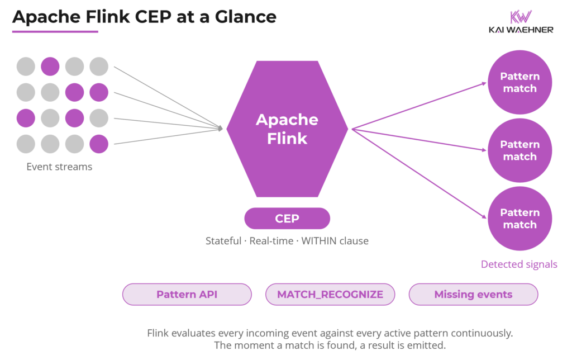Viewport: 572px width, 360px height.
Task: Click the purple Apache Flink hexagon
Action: click(x=287, y=129)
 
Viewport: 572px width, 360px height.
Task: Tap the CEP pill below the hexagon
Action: click(x=287, y=219)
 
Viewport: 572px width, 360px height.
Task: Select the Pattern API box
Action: click(x=187, y=295)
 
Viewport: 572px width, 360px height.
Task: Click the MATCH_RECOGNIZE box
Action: click(x=330, y=295)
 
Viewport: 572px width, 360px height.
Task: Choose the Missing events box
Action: click(x=473, y=295)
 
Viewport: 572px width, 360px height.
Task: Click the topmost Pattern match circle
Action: click(x=519, y=83)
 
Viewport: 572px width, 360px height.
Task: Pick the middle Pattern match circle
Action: click(x=519, y=151)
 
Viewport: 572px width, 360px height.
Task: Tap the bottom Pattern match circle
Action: click(x=519, y=219)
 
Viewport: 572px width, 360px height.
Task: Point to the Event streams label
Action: click(x=59, y=167)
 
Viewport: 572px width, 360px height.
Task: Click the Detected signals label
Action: click(x=519, y=264)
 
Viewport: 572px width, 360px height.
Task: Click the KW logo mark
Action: click(x=520, y=16)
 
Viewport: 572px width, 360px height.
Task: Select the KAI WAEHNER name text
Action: click(x=520, y=30)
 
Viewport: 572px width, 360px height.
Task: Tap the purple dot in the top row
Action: click(x=50, y=67)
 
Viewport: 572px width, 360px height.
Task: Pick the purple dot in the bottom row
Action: click(x=99, y=144)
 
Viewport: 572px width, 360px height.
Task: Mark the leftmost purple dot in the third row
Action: click(x=26, y=119)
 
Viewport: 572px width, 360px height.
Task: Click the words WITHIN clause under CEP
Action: click(x=335, y=241)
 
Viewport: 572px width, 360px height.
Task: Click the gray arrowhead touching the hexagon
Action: click(x=221, y=129)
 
